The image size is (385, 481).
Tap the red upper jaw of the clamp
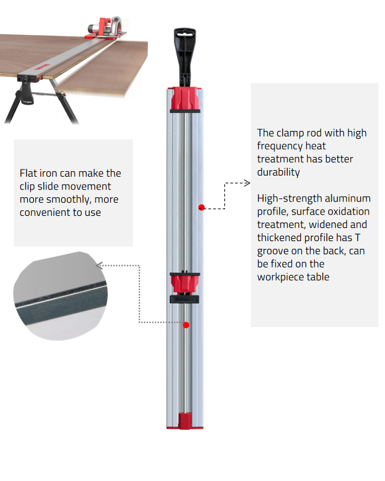click(x=185, y=99)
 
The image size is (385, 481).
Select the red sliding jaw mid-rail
click(x=185, y=283)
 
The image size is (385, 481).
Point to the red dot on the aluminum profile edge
click(x=202, y=207)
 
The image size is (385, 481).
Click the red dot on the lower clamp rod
click(x=186, y=325)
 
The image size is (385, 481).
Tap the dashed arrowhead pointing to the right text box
click(x=247, y=183)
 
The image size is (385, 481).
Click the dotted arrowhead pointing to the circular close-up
click(x=99, y=265)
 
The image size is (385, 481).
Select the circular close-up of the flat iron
click(x=61, y=296)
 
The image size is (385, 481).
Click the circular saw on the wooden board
click(x=105, y=28)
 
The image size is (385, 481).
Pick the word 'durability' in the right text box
click(x=279, y=172)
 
